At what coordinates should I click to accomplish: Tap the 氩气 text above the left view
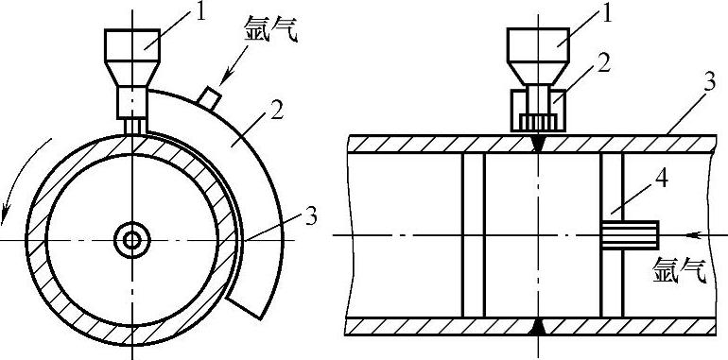tap(270, 28)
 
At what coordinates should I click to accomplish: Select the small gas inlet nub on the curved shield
tap(208, 97)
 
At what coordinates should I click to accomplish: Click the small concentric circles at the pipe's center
tap(132, 240)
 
